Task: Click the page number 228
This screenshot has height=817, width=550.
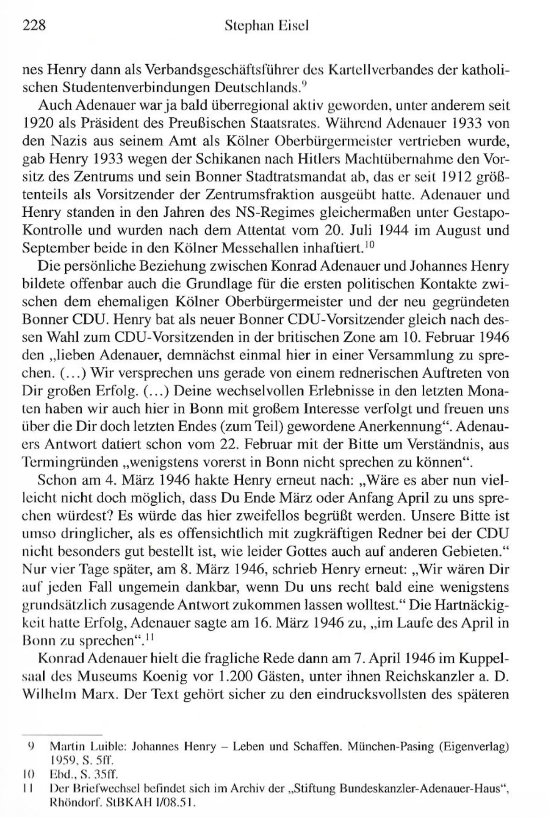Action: (x=34, y=25)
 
